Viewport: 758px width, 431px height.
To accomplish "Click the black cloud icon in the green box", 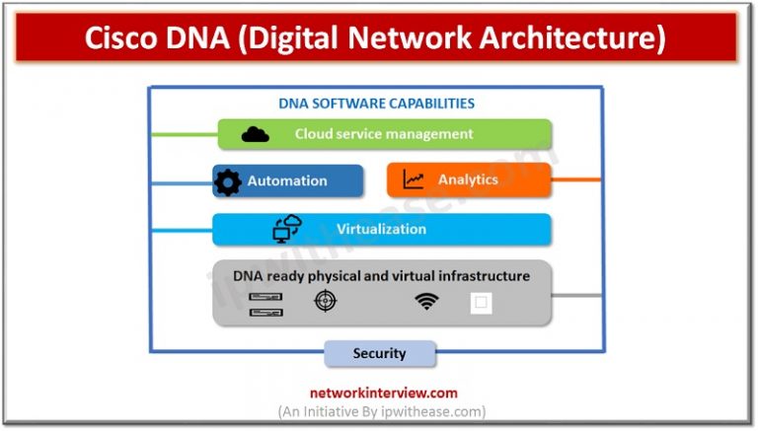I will click(255, 134).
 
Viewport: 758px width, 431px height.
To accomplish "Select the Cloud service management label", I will click(384, 134).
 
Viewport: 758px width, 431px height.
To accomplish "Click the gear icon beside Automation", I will click(228, 181).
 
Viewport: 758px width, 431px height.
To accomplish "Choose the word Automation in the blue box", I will click(287, 181).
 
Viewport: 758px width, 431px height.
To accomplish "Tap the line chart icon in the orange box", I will click(414, 180).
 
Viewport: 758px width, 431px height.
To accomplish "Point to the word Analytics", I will click(468, 180).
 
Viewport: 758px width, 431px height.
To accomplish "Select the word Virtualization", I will click(381, 230).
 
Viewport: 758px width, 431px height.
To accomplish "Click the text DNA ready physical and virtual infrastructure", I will click(381, 276).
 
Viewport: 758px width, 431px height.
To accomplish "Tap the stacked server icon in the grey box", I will click(266, 304).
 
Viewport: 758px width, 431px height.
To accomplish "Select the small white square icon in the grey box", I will click(481, 303).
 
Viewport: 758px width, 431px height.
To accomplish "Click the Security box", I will click(380, 353).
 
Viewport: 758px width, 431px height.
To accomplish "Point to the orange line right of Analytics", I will click(576, 180).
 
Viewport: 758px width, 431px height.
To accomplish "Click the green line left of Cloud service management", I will click(183, 134).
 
